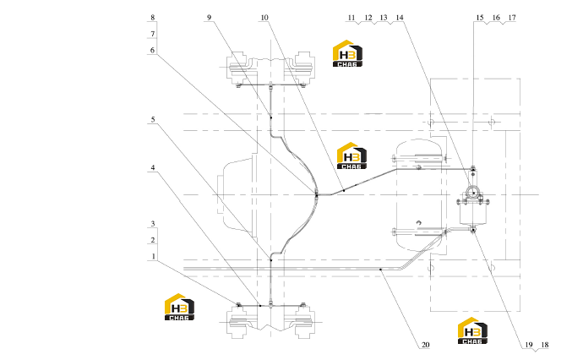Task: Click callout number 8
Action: coord(152,18)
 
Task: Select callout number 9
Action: coord(209,18)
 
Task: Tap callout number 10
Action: coord(264,18)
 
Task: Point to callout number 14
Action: coord(400,18)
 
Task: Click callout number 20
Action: coord(425,345)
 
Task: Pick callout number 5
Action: coord(152,119)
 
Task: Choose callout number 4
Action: coord(152,167)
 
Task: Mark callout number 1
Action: coord(153,256)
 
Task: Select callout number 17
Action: coord(512,18)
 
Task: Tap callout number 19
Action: coord(529,345)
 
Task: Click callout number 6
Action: coord(152,50)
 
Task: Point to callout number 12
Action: coord(368,18)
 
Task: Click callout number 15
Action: coord(480,18)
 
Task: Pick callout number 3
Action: coord(152,223)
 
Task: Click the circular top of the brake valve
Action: coord(473,193)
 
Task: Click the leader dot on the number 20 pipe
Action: coord(380,270)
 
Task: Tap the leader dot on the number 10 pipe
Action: coord(344,190)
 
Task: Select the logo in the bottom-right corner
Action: coord(472,330)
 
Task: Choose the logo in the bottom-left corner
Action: coord(179,307)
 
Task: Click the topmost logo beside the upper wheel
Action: coord(347,53)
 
